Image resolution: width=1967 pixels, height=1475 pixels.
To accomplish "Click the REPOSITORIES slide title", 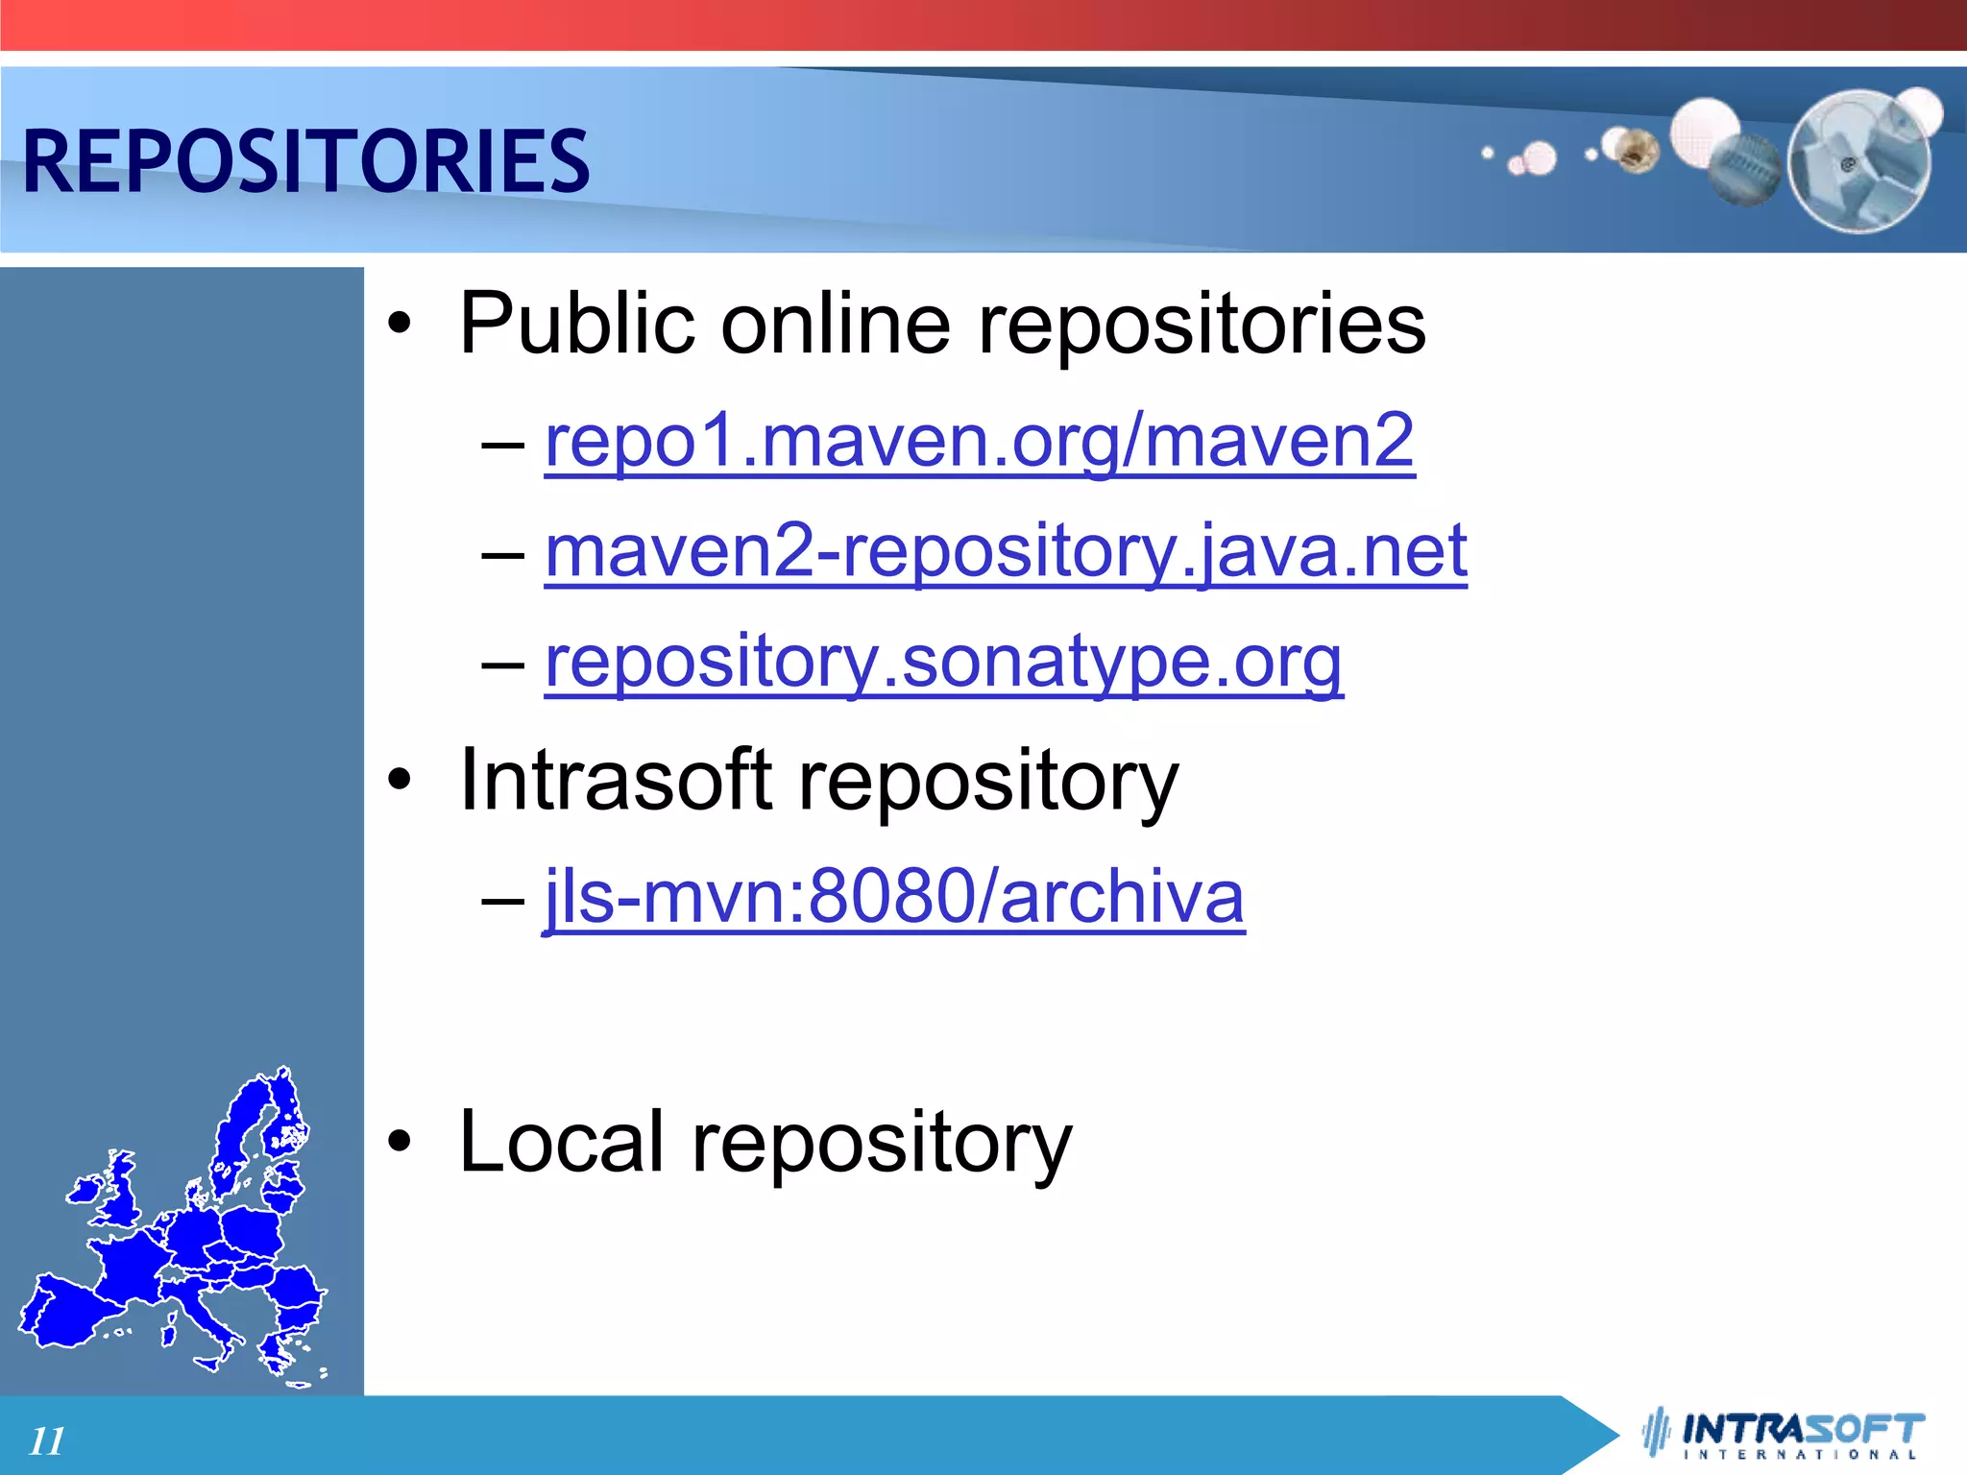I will pyautogui.click(x=305, y=160).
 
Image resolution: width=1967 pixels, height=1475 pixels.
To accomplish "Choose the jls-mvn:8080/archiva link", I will pyautogui.click(x=893, y=896).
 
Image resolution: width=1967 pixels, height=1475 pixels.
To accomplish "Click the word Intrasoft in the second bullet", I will pyautogui.click(x=616, y=780).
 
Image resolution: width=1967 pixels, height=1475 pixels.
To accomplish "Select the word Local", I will pyautogui.click(x=561, y=1141).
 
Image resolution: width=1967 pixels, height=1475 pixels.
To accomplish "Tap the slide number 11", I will pyautogui.click(x=47, y=1440).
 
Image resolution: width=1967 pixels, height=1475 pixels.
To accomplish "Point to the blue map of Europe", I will pyautogui.click(x=173, y=1239).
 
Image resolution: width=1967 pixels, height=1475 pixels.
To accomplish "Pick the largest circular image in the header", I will pyautogui.click(x=1858, y=161).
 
